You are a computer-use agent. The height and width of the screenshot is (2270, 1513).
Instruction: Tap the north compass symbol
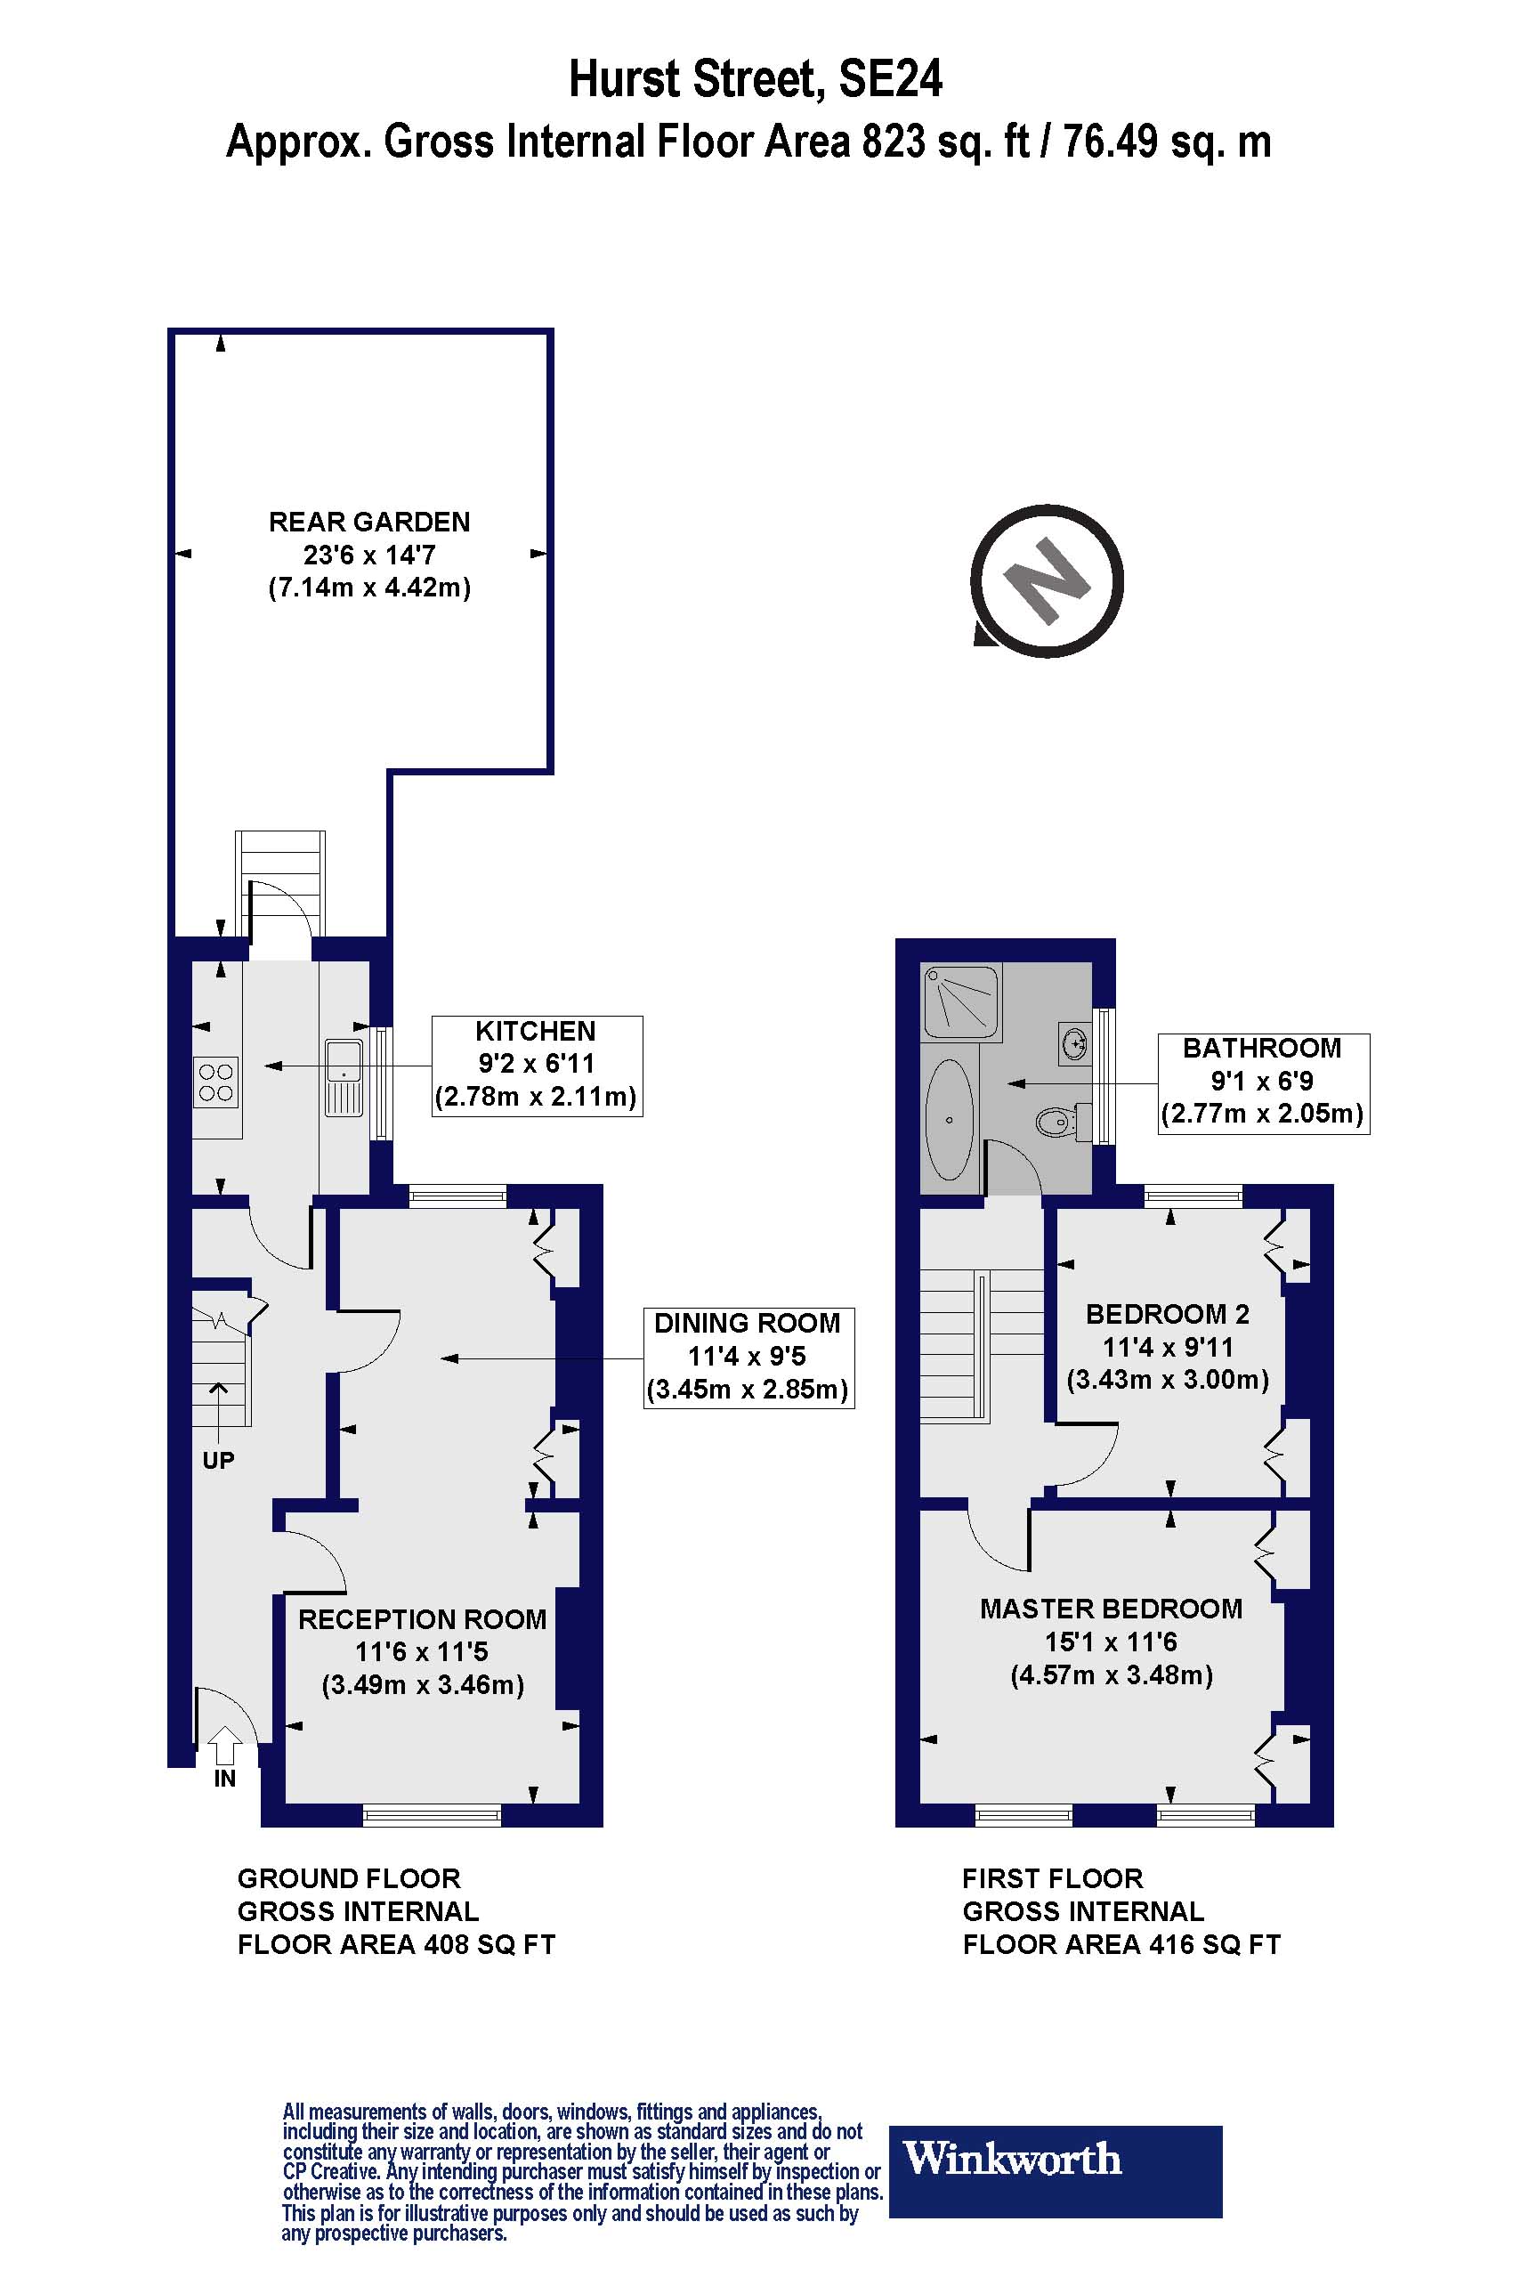[x=1047, y=581]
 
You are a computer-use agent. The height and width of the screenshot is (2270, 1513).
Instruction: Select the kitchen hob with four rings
[x=216, y=1082]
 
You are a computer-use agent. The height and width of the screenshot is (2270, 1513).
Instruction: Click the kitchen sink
[x=343, y=1076]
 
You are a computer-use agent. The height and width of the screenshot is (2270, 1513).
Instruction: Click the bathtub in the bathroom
[x=950, y=1120]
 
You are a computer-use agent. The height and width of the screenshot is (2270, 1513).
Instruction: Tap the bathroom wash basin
[x=1074, y=1043]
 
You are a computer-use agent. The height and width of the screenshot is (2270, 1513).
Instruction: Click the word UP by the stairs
[x=218, y=1460]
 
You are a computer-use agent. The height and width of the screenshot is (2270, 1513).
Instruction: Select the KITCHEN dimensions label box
[x=537, y=1066]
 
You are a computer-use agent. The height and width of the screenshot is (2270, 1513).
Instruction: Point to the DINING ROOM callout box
[x=748, y=1357]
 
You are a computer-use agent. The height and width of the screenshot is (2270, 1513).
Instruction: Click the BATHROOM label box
[x=1262, y=1082]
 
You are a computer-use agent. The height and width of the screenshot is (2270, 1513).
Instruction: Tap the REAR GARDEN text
[x=369, y=523]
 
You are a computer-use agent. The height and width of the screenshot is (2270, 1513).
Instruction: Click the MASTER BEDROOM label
[x=1111, y=1609]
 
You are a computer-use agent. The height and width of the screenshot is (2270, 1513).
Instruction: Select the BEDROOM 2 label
[x=1167, y=1314]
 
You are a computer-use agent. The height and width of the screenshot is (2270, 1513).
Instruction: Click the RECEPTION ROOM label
[x=422, y=1618]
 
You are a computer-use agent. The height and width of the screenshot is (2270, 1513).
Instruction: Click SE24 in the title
[x=890, y=79]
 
